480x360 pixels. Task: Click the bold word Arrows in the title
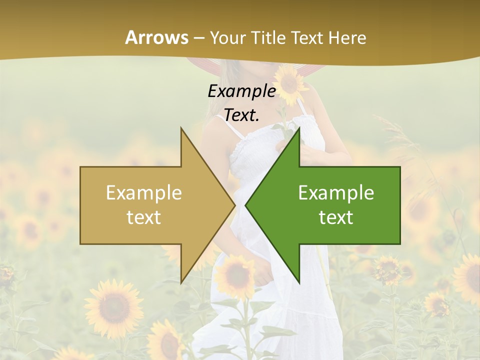(x=156, y=37)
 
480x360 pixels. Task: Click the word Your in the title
(x=228, y=37)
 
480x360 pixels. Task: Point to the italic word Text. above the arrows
(x=241, y=115)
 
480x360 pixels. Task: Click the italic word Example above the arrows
(x=241, y=91)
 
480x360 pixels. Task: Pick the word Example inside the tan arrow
(x=144, y=193)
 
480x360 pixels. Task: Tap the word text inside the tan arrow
(x=144, y=217)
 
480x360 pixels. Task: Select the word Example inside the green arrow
(x=336, y=193)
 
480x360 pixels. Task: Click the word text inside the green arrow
(x=336, y=217)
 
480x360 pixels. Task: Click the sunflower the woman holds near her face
(x=290, y=80)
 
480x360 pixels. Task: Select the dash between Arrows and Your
(x=198, y=38)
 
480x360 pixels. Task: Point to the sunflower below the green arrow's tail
(x=388, y=270)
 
